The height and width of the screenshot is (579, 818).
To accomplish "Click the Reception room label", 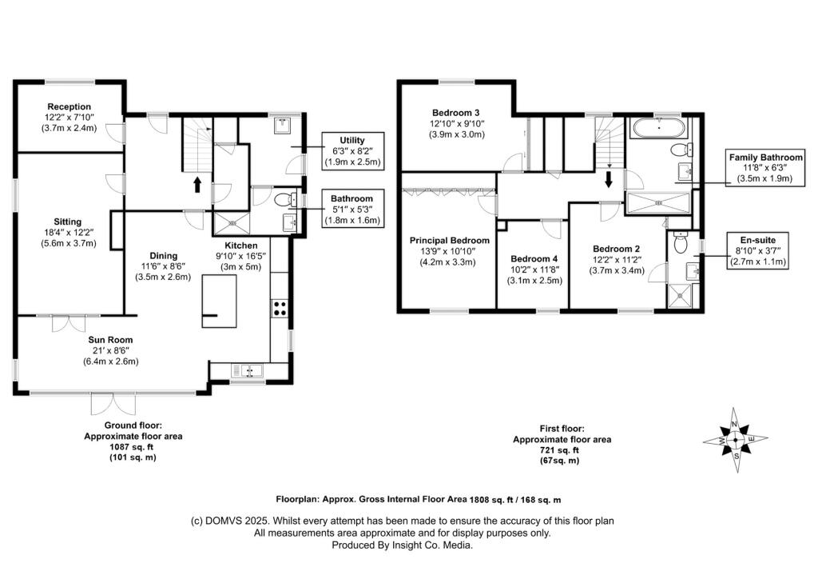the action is coord(69,106).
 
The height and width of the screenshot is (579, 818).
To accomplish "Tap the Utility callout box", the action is coord(352,151).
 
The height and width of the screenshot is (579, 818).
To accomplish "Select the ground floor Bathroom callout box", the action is coord(352,209).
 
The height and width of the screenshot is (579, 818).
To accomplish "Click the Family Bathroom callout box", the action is coord(765,167).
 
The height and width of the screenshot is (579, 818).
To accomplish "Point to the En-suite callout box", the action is coord(757,250).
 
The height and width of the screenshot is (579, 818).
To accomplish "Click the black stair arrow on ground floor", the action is coord(197,184).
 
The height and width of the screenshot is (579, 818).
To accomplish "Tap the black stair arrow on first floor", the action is coord(608,179).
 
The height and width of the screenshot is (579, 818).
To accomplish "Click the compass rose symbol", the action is coord(735,440).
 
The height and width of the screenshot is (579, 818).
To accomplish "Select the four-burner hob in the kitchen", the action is coord(280,308).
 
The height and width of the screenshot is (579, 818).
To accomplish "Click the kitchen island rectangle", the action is coord(219,301).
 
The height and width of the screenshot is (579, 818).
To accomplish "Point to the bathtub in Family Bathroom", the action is coord(659,127).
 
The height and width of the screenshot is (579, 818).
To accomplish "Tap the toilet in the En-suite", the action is coord(681,243).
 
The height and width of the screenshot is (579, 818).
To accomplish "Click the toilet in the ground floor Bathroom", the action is coord(284,199).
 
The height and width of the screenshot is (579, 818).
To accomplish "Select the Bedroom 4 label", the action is coord(534,259).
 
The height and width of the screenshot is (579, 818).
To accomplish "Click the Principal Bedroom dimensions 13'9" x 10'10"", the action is coord(449,251).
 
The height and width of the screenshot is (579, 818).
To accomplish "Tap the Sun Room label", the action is coord(110,340).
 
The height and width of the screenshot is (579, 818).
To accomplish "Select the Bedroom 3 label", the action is coord(456,113).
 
